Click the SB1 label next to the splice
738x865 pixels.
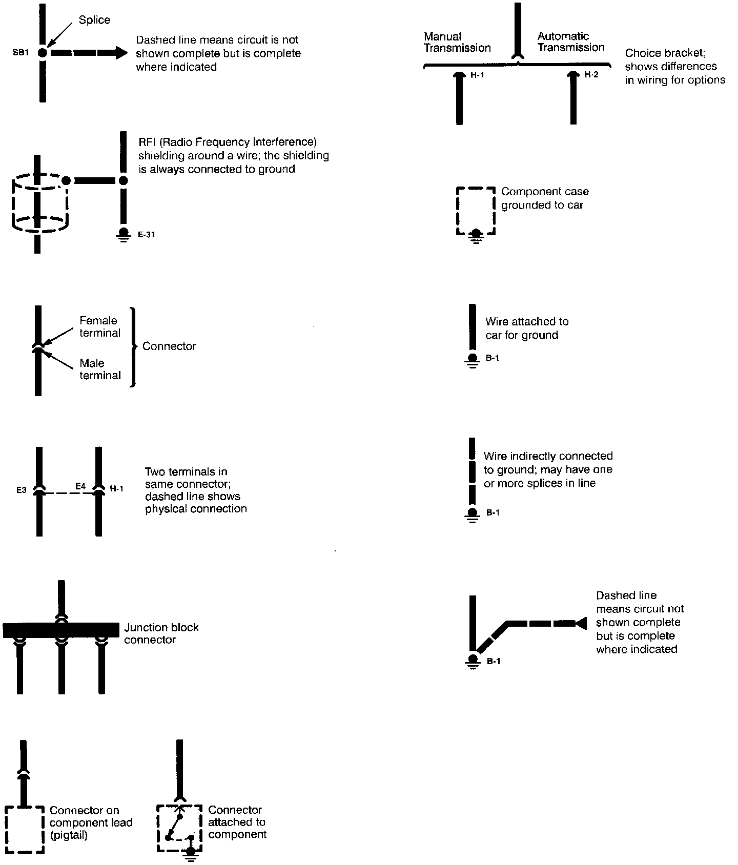point(20,53)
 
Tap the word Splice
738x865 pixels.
point(94,20)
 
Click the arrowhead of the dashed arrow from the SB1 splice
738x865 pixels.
point(121,52)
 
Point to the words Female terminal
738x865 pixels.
point(100,326)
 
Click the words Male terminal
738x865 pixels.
point(100,369)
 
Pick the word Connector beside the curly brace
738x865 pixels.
point(169,346)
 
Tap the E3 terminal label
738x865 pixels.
point(21,490)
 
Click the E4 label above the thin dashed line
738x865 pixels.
point(80,486)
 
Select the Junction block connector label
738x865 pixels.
point(161,633)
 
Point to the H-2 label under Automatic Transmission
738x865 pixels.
point(591,75)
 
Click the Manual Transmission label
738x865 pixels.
point(457,42)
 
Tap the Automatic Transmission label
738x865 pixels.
point(571,42)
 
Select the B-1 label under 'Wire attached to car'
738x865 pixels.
point(493,358)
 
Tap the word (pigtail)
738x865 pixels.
point(69,835)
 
